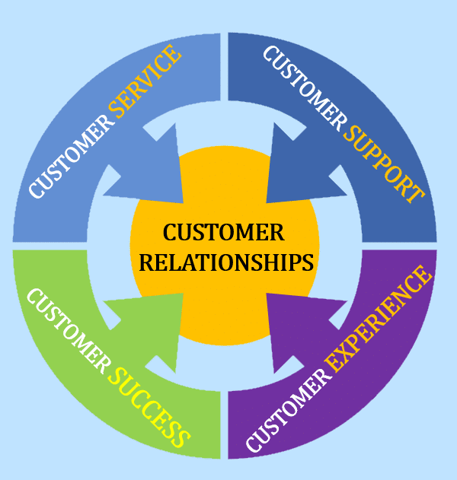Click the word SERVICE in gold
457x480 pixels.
pos(145,83)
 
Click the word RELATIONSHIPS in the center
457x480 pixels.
pos(228,262)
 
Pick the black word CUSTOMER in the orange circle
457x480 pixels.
pos(224,232)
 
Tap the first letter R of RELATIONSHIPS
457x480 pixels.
pos(149,262)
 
